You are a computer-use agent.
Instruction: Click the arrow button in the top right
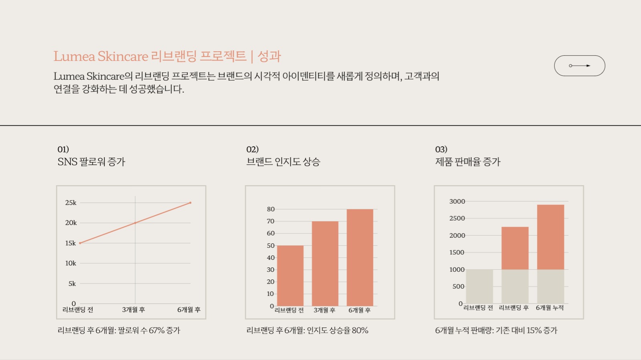[x=579, y=66]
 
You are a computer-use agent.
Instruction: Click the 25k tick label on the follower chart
[x=71, y=203]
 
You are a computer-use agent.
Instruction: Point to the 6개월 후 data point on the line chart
[x=190, y=203]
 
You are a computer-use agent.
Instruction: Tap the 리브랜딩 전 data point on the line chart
[x=80, y=243]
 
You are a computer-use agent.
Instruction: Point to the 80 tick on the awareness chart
[x=271, y=209]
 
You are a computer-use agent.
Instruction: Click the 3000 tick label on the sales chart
[x=457, y=202]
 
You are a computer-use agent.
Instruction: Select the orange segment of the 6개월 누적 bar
[x=550, y=237]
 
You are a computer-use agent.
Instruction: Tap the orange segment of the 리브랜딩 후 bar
[x=515, y=248]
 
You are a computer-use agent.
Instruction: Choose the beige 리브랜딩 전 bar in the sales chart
[x=479, y=286]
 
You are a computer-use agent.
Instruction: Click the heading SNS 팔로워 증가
[x=91, y=162]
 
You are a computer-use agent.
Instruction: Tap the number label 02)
[x=252, y=150]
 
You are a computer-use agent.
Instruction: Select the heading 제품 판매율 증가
[x=468, y=162]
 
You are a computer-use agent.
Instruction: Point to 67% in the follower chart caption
[x=156, y=331]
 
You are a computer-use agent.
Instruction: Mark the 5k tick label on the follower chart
[x=72, y=284]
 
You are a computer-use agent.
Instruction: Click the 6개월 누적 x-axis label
[x=550, y=308]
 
